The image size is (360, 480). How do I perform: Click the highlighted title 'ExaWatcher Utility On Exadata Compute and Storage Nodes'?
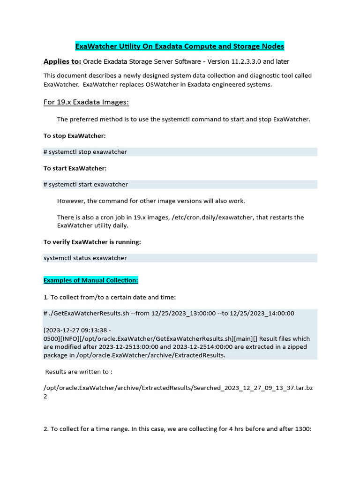[180, 46]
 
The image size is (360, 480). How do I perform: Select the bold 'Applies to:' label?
[62, 61]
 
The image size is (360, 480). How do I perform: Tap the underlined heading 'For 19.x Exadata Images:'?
[86, 102]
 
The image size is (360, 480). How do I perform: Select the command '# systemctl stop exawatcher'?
[85, 152]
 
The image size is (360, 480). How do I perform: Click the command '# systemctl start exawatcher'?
[86, 185]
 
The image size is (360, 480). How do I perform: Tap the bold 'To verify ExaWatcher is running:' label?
[92, 242]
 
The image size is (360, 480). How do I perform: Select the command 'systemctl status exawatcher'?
[85, 258]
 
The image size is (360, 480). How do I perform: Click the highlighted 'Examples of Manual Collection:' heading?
[91, 280]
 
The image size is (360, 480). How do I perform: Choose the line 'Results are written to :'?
[79, 372]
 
